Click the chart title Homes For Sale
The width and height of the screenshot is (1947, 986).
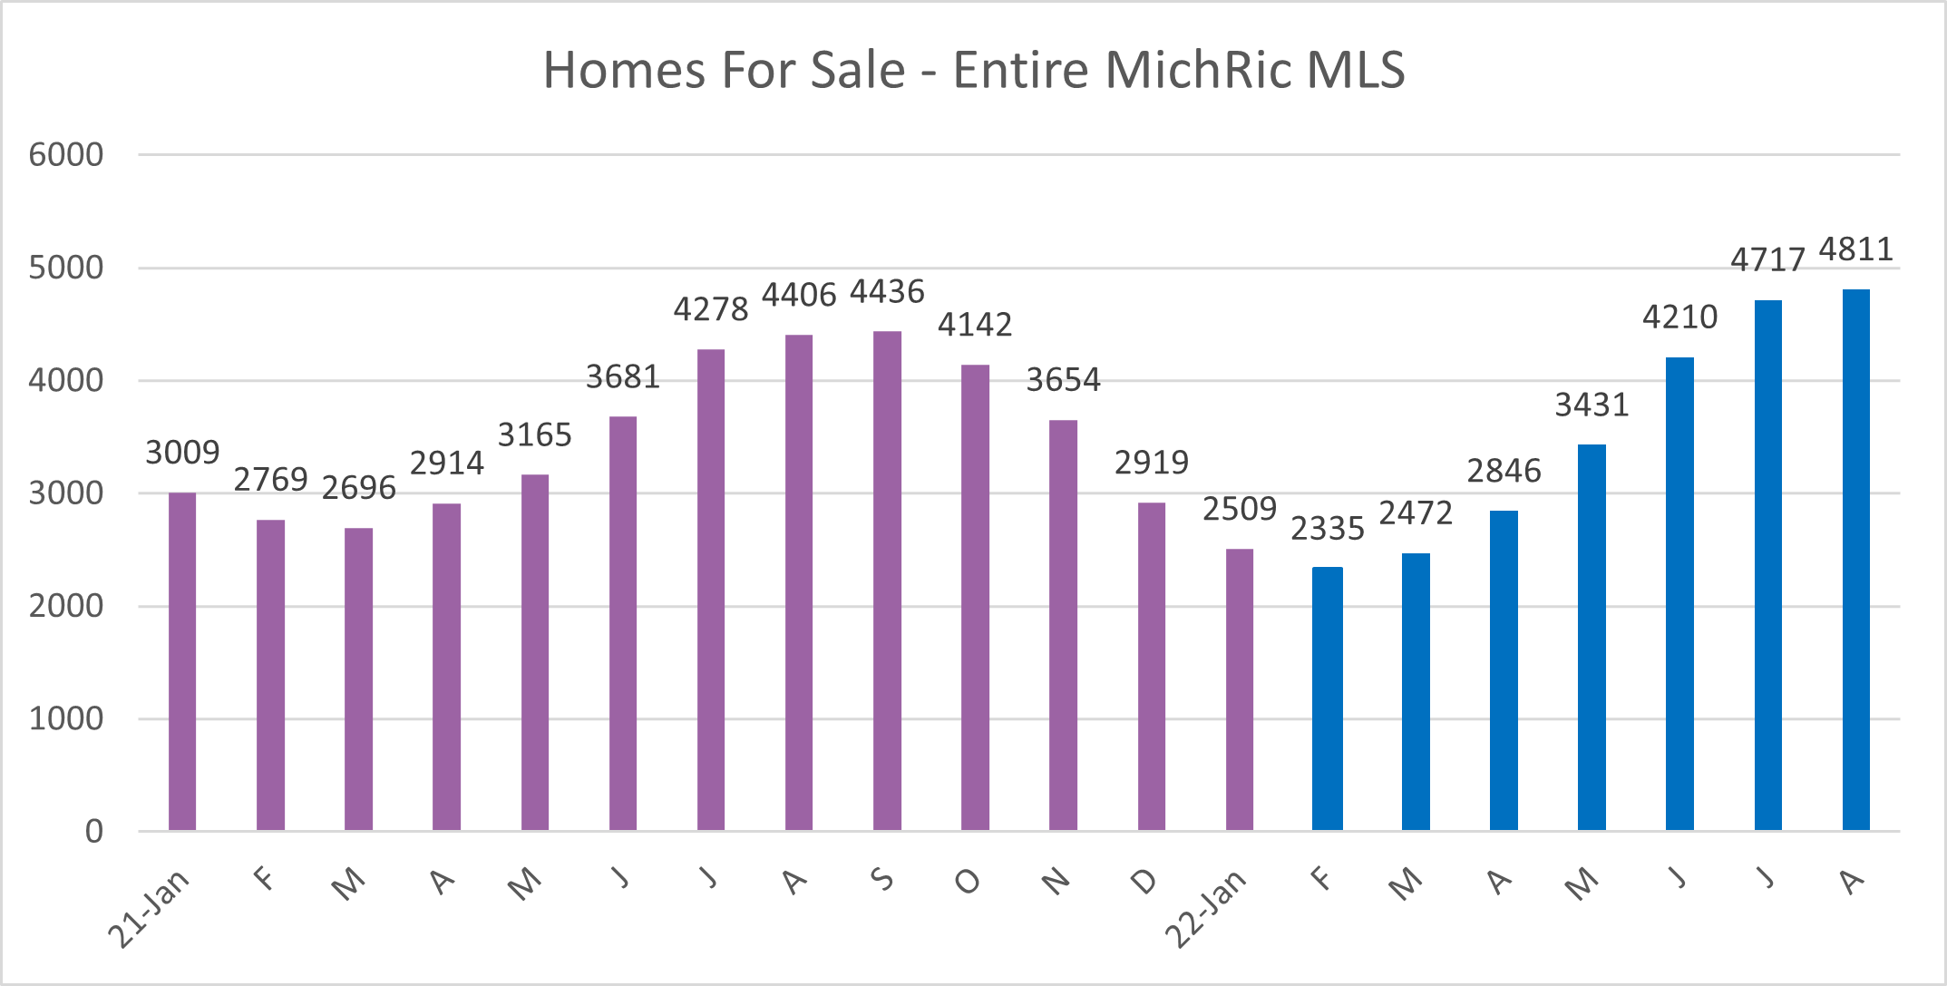(x=973, y=70)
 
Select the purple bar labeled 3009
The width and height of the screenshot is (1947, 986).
(x=182, y=662)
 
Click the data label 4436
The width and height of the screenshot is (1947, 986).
(x=887, y=292)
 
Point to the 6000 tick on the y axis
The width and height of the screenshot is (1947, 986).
(x=65, y=155)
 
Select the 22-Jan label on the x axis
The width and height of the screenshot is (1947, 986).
(x=1206, y=908)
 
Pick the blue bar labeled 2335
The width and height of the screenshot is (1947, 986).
(x=1327, y=698)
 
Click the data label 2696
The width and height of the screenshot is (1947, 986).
(x=359, y=488)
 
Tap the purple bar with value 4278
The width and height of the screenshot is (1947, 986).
(x=711, y=590)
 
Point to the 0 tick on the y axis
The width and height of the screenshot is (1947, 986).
(x=93, y=831)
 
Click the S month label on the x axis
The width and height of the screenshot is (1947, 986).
(x=881, y=879)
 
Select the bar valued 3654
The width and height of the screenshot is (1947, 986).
(x=1063, y=626)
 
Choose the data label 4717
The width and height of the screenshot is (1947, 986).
(x=1767, y=260)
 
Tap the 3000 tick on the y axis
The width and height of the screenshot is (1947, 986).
(x=65, y=493)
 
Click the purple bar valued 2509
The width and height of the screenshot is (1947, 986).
(x=1239, y=689)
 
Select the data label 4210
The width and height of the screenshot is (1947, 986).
(x=1679, y=317)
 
